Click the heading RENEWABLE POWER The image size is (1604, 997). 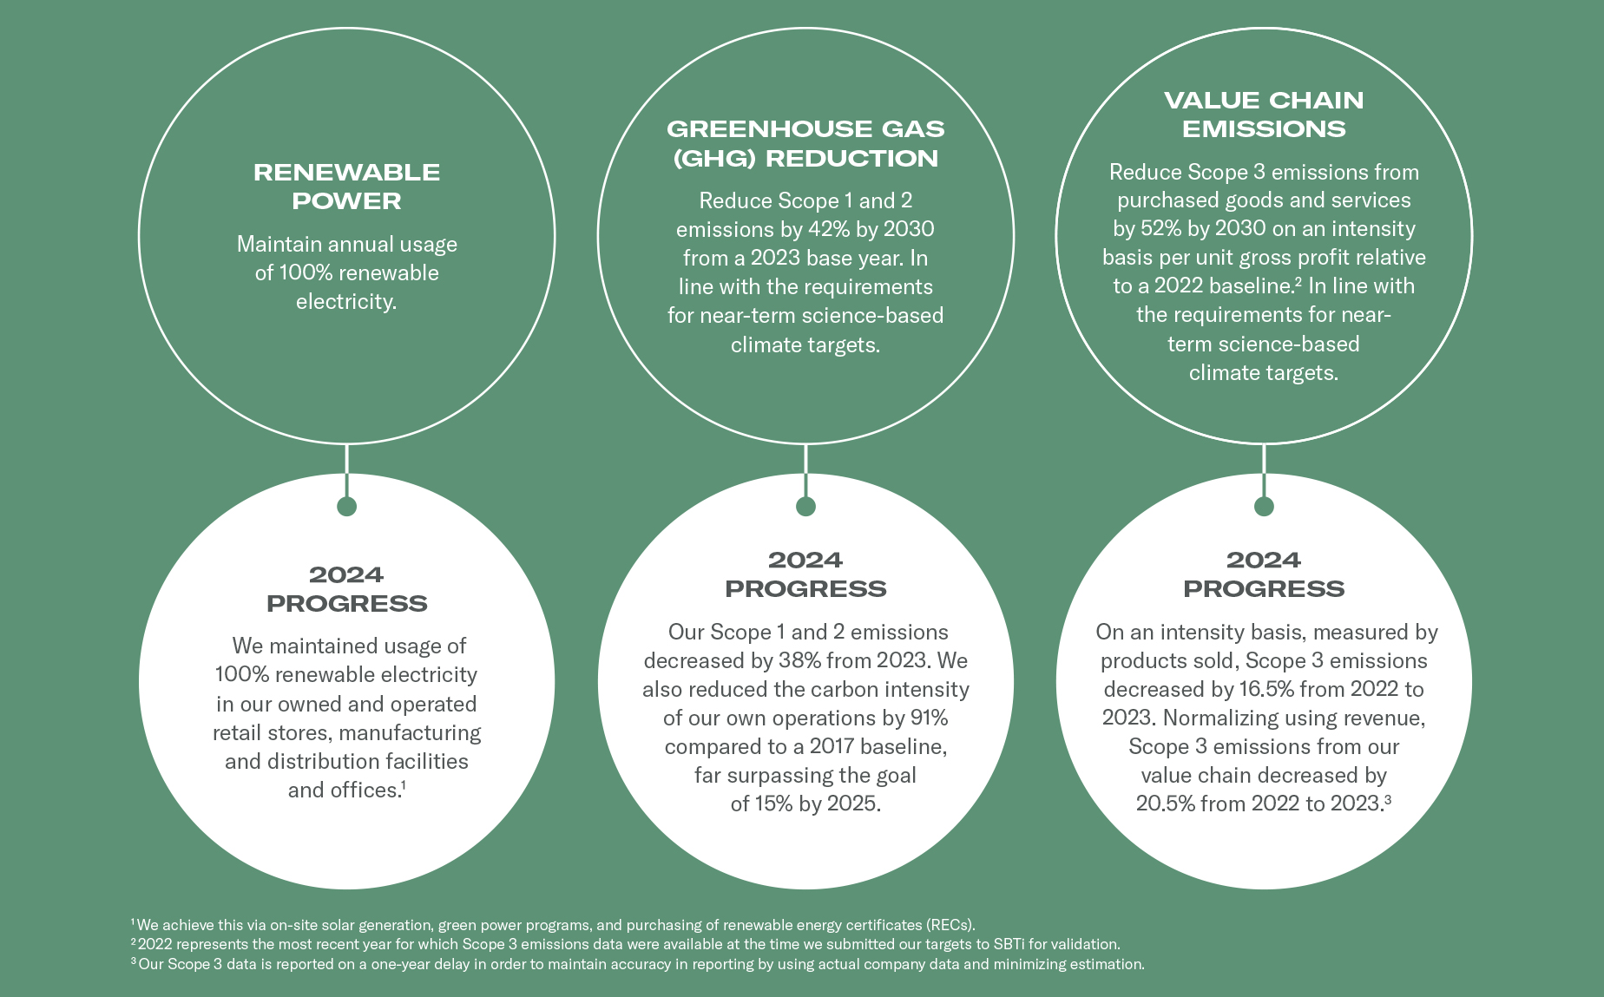(x=346, y=187)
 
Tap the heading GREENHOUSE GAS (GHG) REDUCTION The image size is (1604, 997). (x=805, y=143)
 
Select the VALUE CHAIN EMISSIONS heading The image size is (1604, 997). (x=1264, y=115)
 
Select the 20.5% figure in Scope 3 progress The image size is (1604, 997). (x=1165, y=804)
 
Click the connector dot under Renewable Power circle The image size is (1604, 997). (x=346, y=506)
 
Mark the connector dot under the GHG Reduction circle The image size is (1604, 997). (x=805, y=506)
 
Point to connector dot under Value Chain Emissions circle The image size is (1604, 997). (x=1264, y=506)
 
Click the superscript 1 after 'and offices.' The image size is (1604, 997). (x=404, y=784)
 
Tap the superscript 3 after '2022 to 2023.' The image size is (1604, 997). (x=1388, y=798)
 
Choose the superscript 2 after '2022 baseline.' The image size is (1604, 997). (x=1298, y=280)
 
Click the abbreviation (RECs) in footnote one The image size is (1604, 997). (x=950, y=925)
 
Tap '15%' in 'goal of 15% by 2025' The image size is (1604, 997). (x=773, y=804)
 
